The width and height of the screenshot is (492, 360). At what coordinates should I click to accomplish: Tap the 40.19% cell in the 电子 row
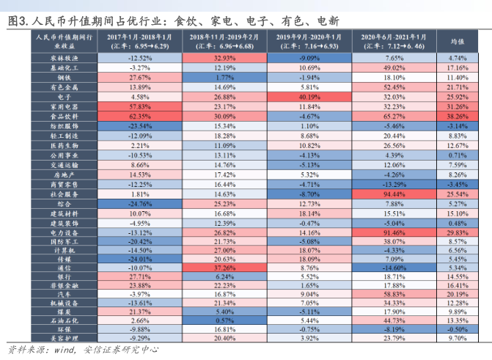click(x=309, y=96)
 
